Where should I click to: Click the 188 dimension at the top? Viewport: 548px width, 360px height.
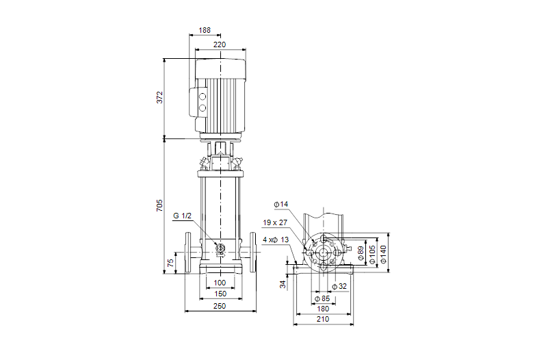pos(205,31)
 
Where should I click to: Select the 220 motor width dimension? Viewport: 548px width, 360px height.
pos(220,44)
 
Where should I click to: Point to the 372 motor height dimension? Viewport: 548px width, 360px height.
pos(159,98)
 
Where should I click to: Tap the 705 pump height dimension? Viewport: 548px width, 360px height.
pos(159,205)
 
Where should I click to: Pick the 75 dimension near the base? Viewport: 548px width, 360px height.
pos(170,262)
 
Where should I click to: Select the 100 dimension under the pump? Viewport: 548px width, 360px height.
pos(220,283)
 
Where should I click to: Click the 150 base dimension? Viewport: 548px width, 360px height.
pos(220,294)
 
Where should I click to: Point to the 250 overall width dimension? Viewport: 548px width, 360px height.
pos(220,307)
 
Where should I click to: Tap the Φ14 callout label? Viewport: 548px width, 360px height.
pos(280,204)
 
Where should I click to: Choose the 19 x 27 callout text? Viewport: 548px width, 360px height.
pos(275,222)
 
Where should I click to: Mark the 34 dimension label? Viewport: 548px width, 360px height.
pos(282,284)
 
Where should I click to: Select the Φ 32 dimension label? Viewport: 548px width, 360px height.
pos(339,285)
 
